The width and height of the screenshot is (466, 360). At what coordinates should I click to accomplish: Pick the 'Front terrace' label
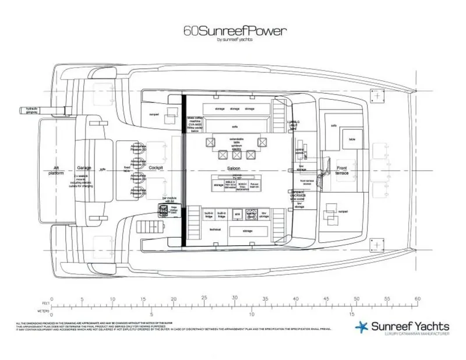click(x=341, y=170)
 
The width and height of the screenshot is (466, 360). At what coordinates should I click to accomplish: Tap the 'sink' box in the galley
click(x=238, y=214)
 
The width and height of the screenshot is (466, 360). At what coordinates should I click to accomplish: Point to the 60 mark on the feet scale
click(x=416, y=298)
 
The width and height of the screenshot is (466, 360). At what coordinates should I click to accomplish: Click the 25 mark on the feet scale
click(x=204, y=298)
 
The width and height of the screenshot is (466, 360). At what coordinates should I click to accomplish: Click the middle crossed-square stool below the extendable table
click(x=237, y=154)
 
